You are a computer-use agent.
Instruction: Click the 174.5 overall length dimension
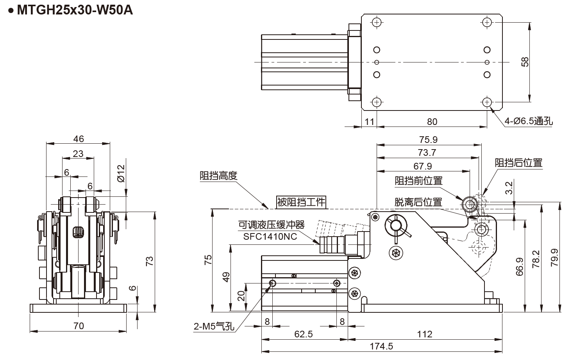[381, 346]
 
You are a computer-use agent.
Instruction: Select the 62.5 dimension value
[304, 334]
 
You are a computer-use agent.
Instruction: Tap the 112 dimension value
[424, 334]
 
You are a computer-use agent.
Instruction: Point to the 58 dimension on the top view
[525, 62]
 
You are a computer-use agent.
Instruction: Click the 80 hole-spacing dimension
[432, 122]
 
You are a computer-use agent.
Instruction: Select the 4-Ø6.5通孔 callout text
[529, 121]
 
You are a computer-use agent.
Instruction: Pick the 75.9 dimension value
[428, 140]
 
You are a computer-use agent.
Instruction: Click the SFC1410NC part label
[270, 236]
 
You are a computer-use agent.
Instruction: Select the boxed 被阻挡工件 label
[301, 202]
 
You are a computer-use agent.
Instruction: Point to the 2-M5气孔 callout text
[214, 326]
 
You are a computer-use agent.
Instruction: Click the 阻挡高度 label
[218, 176]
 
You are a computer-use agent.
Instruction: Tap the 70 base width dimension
[79, 326]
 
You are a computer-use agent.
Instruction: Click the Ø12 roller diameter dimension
[121, 173]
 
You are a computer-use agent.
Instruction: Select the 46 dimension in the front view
[79, 139]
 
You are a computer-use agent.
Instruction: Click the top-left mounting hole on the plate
[376, 22]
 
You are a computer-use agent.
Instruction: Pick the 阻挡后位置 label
[518, 163]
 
